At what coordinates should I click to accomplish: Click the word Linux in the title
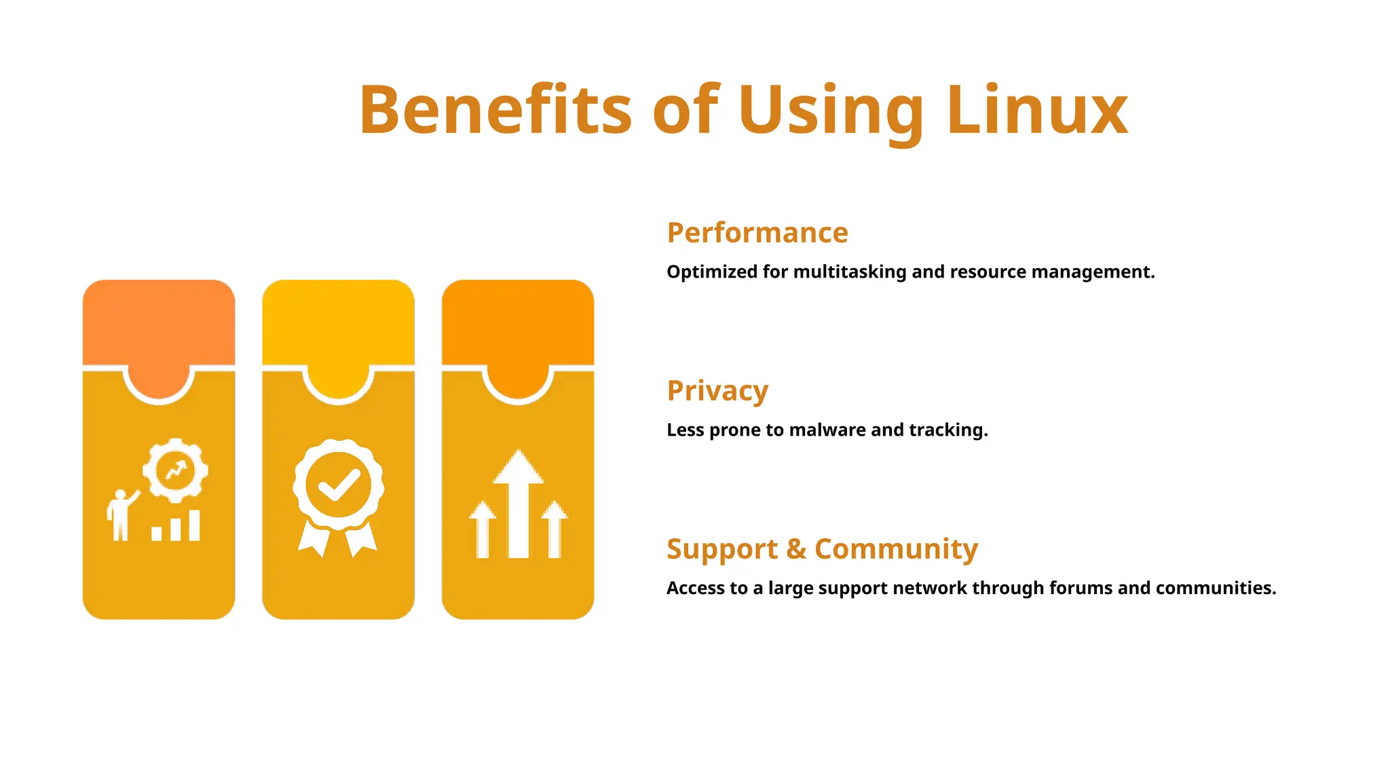[1037, 110]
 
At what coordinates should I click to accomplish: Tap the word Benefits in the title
[495, 110]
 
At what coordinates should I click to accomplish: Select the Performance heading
[757, 233]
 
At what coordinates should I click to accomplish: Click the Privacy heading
[717, 391]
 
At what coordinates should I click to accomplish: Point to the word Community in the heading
[896, 548]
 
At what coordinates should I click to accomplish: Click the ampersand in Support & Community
[795, 549]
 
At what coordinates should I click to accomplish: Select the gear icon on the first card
[176, 470]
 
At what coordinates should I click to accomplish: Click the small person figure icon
[121, 515]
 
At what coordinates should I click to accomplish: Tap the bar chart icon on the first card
[176, 527]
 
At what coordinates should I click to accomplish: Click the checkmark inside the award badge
[338, 485]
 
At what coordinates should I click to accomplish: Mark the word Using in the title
[831, 110]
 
